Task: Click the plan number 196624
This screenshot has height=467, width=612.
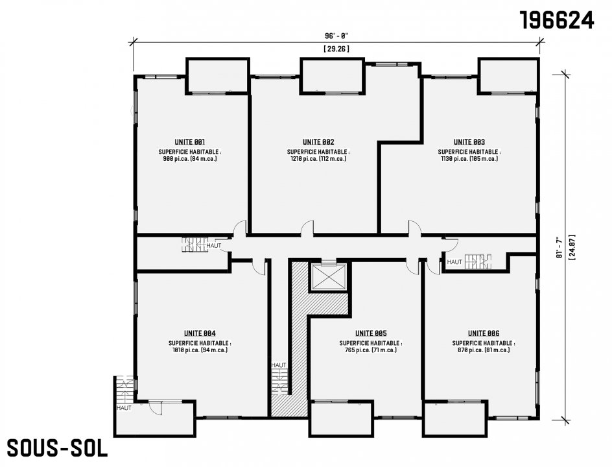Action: coord(557,20)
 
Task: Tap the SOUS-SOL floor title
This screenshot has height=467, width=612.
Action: coord(57,448)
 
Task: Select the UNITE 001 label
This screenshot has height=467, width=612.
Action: coord(190,142)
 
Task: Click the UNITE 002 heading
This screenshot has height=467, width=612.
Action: coord(318,142)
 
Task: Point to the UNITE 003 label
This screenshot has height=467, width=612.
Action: coord(469,142)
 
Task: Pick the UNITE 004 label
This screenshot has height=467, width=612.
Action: coord(200,333)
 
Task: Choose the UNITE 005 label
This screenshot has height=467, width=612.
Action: coord(371,333)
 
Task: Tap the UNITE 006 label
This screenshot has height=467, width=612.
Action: coord(484,333)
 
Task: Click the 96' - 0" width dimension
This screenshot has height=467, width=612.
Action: coord(336,36)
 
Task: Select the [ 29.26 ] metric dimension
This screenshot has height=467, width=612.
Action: coord(336,49)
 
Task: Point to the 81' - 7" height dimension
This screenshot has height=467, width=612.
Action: coord(559,247)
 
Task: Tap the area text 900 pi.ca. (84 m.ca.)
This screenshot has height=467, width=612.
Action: coord(190,159)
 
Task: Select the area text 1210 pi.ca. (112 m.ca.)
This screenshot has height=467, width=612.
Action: coord(318,159)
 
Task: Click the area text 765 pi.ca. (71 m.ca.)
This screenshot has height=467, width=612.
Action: coord(371,350)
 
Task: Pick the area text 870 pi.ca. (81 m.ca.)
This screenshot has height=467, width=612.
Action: coord(484,350)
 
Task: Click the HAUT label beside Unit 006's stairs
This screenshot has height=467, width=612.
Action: coord(454,262)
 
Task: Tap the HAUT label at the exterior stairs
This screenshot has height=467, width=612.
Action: coord(124,408)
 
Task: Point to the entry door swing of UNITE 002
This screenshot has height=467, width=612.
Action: coord(307,228)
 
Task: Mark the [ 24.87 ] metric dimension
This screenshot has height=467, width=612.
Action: coord(572,247)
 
